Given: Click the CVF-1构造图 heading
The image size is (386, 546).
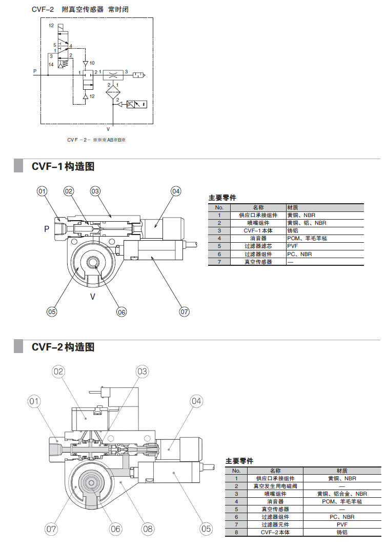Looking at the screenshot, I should click(x=63, y=166).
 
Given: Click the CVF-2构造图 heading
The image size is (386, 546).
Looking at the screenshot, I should click(x=63, y=347).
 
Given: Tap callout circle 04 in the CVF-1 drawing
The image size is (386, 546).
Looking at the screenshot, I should click(x=176, y=191).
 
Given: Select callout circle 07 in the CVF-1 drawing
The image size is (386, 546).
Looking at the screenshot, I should click(x=184, y=311).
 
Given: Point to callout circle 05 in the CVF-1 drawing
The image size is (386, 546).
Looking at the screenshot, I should click(x=51, y=311).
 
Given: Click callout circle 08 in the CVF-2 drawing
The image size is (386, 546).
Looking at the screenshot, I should click(x=148, y=528).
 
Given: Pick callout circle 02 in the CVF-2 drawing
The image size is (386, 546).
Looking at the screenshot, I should click(x=58, y=372).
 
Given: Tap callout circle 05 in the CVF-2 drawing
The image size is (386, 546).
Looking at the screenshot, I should click(x=206, y=528).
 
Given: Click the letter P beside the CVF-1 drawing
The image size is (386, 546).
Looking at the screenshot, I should click(x=46, y=229).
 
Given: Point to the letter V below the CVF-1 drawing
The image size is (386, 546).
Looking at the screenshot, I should click(x=93, y=296).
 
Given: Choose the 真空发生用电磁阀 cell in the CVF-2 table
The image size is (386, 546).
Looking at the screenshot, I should click(x=275, y=486).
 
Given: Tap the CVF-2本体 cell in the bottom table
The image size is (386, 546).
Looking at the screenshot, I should click(x=275, y=533).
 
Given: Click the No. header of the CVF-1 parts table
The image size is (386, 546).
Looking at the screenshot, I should click(x=219, y=207).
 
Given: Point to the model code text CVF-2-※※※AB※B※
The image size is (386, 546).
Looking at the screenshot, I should click(x=96, y=140).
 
